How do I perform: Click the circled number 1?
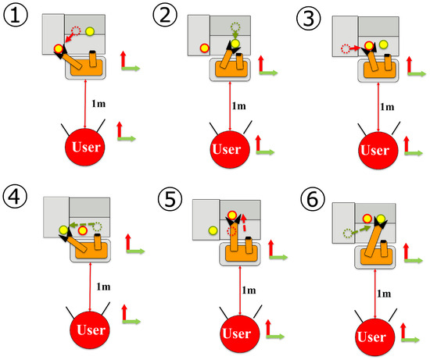(16, 15)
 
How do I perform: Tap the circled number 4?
(15, 197)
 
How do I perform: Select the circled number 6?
(313, 198)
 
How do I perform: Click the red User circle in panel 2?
(230, 149)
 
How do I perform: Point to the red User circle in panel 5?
(240, 333)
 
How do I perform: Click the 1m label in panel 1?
(99, 104)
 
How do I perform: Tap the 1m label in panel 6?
(384, 294)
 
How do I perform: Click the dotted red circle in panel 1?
(76, 30)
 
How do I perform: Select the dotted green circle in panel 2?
(235, 27)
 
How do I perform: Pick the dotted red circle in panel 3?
(346, 48)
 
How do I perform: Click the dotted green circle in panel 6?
(347, 233)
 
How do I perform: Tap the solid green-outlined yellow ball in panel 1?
(90, 31)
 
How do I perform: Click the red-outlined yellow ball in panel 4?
(83, 230)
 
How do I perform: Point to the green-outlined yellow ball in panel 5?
(213, 230)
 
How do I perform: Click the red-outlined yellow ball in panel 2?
(204, 48)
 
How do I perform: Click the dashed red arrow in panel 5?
(244, 223)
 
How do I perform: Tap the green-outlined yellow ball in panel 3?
(384, 44)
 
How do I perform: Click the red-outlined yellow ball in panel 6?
(367, 219)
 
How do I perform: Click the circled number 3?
(309, 18)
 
